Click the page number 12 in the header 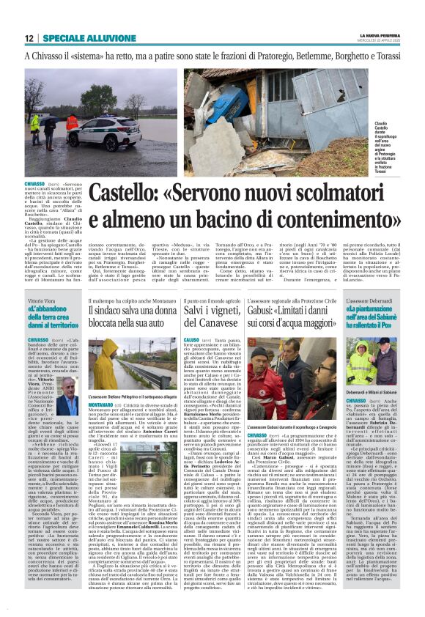click(29, 37)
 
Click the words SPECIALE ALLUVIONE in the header click(80, 37)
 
